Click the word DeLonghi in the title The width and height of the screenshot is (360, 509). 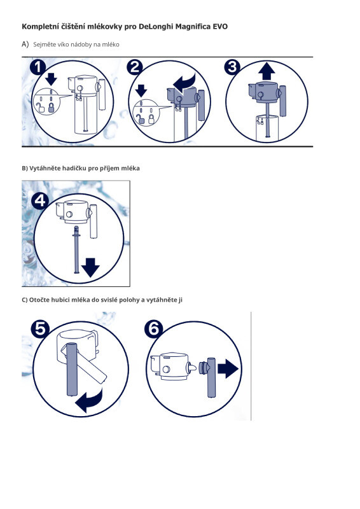pyautogui.click(x=155, y=26)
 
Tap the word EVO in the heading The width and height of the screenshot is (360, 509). pyautogui.click(x=220, y=26)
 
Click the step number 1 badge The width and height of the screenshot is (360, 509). pyautogui.click(x=38, y=67)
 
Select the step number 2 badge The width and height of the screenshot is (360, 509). pyautogui.click(x=135, y=67)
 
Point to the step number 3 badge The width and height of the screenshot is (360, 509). pyautogui.click(x=232, y=67)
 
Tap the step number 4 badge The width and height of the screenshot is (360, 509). pyautogui.click(x=40, y=201)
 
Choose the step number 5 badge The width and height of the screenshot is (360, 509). pyautogui.click(x=40, y=329)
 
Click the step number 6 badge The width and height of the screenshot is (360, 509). pyautogui.click(x=153, y=329)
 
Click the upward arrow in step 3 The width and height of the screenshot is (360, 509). pyautogui.click(x=267, y=71)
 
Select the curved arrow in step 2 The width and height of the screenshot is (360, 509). pyautogui.click(x=185, y=83)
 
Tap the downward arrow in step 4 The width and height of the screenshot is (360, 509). pyautogui.click(x=90, y=267)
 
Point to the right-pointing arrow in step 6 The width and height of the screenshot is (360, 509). pyautogui.click(x=228, y=368)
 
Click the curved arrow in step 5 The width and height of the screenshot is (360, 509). pyautogui.click(x=89, y=400)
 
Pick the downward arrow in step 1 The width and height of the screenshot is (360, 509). pyautogui.click(x=51, y=79)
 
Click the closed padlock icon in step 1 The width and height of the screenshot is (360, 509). pyautogui.click(x=52, y=107)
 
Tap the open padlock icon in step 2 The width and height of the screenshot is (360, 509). pyautogui.click(x=141, y=119)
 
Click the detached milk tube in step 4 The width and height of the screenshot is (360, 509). pyautogui.click(x=76, y=249)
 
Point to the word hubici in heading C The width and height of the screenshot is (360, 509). pyautogui.click(x=60, y=300)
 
